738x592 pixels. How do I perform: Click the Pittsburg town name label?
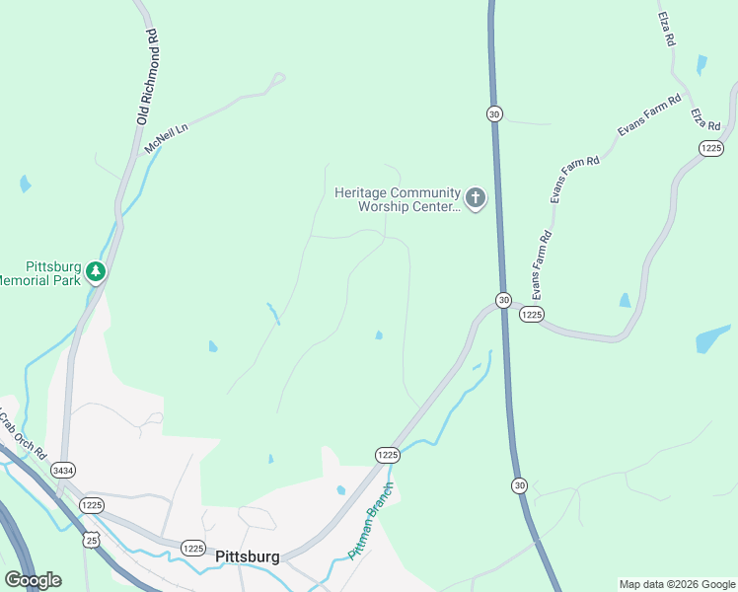(247, 556)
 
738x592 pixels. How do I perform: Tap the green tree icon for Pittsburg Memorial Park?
(96, 270)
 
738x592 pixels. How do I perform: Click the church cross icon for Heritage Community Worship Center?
(476, 198)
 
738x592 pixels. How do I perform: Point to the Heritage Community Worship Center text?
(397, 199)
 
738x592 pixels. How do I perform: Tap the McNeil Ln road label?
(166, 135)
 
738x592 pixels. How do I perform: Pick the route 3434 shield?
(64, 470)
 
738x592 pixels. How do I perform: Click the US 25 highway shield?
(91, 540)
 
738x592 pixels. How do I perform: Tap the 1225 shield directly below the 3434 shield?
(92, 505)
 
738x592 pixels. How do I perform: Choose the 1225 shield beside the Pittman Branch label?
(387, 455)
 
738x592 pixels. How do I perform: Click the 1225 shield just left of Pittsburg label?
(193, 549)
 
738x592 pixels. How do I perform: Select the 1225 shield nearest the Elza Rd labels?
(710, 148)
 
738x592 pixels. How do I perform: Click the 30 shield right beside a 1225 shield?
(503, 300)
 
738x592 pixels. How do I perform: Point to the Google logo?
(33, 580)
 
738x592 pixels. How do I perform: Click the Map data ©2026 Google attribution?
(676, 584)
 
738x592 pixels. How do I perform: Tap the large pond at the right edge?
(712, 338)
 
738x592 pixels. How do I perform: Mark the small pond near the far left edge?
(25, 184)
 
